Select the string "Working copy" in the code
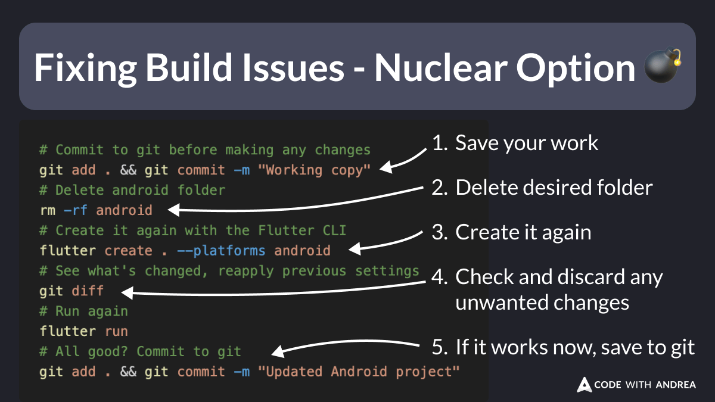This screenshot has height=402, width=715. coord(314,170)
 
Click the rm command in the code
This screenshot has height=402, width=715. coord(47,210)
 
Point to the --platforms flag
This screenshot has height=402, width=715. coord(217,251)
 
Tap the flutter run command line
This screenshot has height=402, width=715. coord(84,331)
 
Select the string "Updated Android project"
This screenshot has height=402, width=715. coord(358,372)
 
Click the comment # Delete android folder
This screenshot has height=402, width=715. coord(132,191)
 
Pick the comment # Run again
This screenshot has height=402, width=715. coord(84,311)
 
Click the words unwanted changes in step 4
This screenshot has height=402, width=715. coord(542,303)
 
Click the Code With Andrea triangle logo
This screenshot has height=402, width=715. coord(584,385)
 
